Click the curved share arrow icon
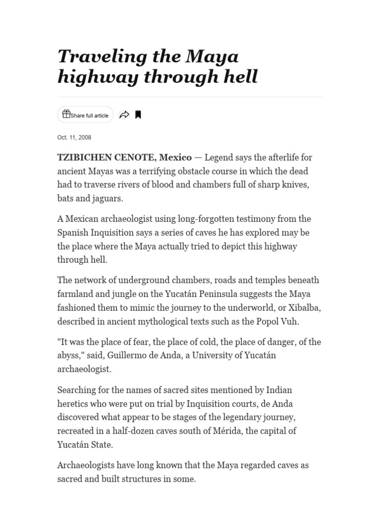[x=124, y=115]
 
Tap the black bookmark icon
[x=138, y=115]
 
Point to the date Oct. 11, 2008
[x=74, y=137]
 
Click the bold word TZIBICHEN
[x=82, y=158]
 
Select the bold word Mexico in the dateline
[x=175, y=158]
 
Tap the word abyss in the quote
[x=70, y=355]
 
